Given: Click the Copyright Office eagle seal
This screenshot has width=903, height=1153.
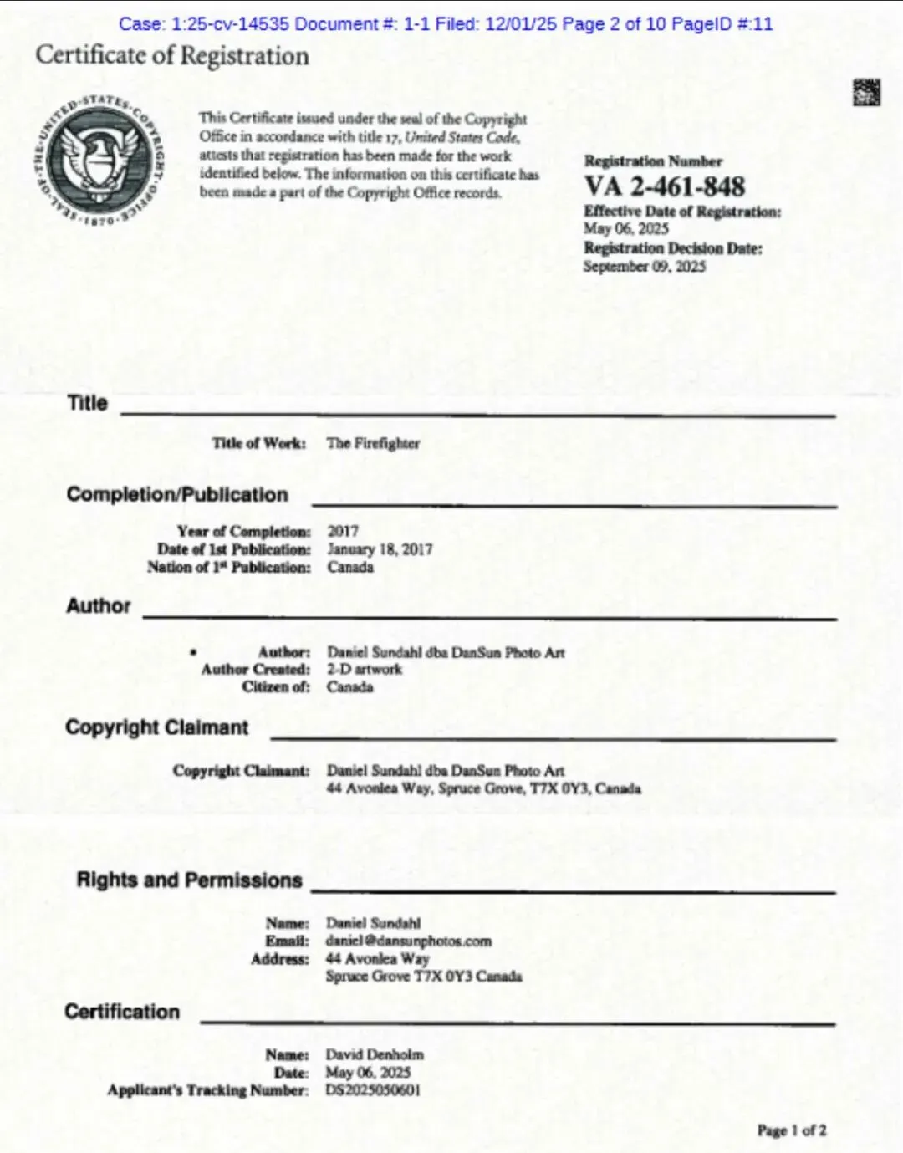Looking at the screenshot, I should pos(99,157).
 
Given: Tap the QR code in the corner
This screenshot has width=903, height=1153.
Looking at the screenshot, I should pos(866,92).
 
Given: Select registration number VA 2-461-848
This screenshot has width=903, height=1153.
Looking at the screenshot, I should pos(664,186).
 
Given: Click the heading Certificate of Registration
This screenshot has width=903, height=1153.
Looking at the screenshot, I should pos(172,56).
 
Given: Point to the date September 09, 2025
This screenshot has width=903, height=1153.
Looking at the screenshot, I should pos(644,267).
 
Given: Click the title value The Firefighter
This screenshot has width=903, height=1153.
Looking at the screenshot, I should pos(373,443).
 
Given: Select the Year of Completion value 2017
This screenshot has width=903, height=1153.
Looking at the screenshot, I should pos(343,531).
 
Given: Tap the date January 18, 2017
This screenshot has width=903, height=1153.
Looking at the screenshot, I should pos(380,549).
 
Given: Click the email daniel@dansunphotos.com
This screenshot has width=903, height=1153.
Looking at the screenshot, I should pos(408,941).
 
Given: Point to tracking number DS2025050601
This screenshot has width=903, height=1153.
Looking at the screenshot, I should pos(373,1090).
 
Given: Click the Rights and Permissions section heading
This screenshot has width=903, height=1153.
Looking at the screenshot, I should pos(189,880).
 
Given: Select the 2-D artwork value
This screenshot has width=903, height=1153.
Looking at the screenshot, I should pos(364,669).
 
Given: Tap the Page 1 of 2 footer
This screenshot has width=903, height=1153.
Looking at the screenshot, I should pos(791,1130).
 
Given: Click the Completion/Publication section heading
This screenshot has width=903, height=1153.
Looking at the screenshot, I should pos(177,495).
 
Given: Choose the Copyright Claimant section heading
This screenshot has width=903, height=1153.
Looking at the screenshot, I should pos(157,727).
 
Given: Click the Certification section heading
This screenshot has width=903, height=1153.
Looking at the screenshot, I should pos(122,1012).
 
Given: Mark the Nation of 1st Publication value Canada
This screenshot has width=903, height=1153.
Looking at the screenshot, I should pos(350,567).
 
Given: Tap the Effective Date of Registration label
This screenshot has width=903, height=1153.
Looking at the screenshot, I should pos(682,212).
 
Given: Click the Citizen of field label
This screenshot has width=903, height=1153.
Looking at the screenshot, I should pos(276,686).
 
